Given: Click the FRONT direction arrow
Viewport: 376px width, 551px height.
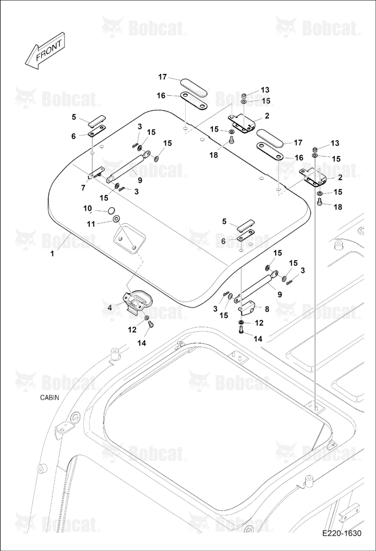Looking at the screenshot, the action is [x=44, y=51].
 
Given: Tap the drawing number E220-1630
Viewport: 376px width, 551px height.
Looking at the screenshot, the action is [x=342, y=533].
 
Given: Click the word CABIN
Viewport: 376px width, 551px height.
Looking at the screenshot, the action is [x=50, y=398].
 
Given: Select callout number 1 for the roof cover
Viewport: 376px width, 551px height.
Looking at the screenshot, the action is [x=52, y=253].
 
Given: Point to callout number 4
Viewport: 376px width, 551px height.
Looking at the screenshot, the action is [x=110, y=307].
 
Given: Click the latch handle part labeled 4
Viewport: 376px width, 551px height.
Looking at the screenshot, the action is [x=137, y=301].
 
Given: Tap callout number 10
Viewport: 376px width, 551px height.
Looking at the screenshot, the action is [x=88, y=208].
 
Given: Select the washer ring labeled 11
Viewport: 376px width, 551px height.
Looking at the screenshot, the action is [x=116, y=220].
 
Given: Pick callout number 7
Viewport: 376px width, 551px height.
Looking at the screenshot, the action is [x=83, y=188].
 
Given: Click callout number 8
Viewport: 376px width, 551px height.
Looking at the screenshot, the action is [x=267, y=309].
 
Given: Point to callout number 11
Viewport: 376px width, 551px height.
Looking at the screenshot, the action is [x=91, y=224].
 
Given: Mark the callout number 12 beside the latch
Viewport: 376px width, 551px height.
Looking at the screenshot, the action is [x=132, y=329].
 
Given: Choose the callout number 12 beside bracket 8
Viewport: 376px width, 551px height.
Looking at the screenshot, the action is [x=259, y=322].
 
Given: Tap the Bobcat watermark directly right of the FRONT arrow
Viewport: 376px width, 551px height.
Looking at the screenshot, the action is [x=144, y=28].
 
